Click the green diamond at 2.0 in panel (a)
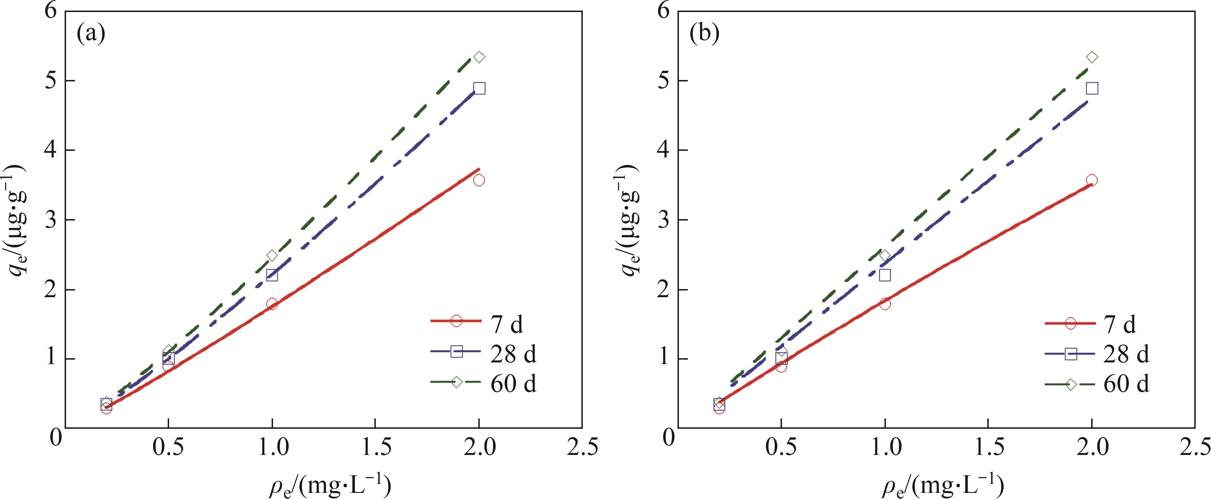pos(479,57)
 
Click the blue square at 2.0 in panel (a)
pos(479,88)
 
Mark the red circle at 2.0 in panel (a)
pos(479,180)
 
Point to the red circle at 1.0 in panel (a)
pos(272,304)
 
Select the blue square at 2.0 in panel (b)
pos(1092,88)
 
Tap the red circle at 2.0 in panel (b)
pos(1092,180)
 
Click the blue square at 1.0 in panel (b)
pos(885,275)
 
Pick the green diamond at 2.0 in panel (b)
pos(1092,57)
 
